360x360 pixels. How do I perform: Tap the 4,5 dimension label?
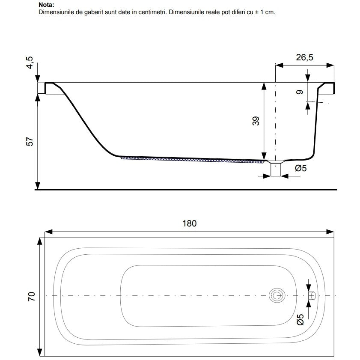pos(30,62)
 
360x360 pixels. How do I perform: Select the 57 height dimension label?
pos(30,141)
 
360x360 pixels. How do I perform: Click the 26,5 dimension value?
pos(304,57)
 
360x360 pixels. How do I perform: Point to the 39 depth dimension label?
pos(256,121)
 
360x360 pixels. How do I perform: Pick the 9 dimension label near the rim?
pos(299,92)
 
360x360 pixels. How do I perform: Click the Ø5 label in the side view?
pos(301,168)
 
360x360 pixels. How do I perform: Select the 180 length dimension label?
pos(189,223)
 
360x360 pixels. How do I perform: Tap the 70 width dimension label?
pos(31,297)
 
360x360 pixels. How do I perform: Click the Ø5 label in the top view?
pos(300,320)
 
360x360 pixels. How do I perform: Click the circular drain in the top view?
pos(277,295)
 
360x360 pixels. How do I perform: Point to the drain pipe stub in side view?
pos(276,170)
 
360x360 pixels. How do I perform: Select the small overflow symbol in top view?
pos(312,296)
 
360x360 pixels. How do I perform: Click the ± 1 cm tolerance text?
pos(265,12)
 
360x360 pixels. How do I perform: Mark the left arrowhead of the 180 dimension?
pos(49,232)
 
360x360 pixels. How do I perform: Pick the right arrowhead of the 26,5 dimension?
pos(330,65)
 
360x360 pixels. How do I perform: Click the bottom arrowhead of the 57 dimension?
pos(38,185)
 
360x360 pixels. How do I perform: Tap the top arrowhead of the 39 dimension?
pos(264,86)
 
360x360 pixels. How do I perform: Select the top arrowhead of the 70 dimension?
pos(40,241)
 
